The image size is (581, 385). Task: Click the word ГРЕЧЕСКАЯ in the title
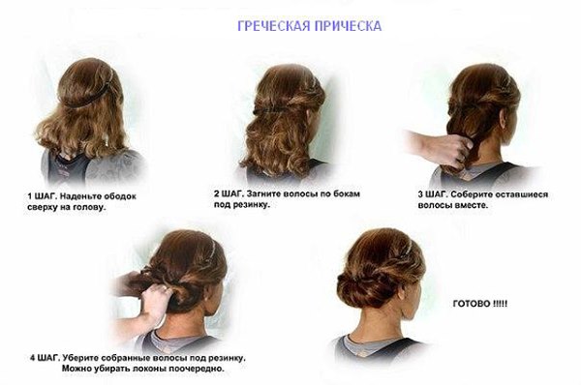(274, 26)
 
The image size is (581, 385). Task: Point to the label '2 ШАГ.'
(229, 193)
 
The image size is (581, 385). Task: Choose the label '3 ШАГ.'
(433, 194)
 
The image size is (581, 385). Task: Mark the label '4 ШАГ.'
(45, 358)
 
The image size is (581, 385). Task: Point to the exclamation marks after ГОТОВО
(500, 304)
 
